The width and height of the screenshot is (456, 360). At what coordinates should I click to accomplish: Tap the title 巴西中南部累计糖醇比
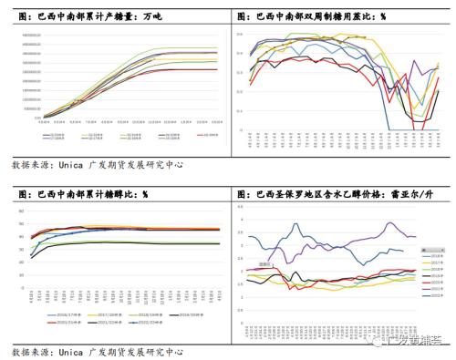click(x=88, y=194)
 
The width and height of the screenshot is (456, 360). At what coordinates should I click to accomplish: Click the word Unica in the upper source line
click(x=68, y=166)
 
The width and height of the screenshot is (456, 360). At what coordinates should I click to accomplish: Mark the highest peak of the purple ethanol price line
click(x=391, y=222)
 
